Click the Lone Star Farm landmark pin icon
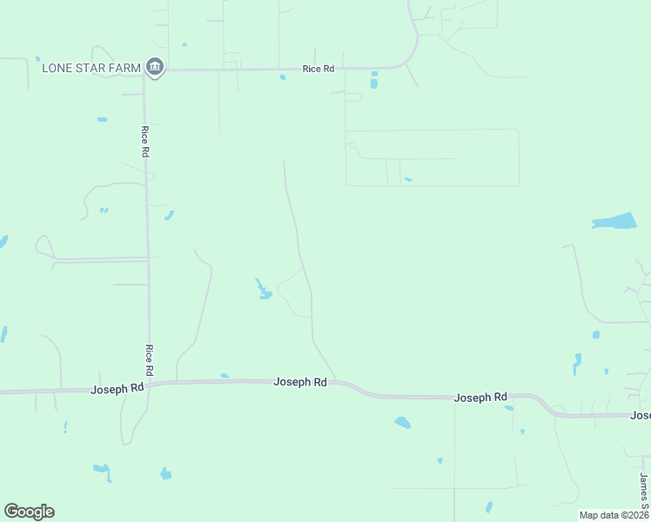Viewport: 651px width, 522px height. pos(155,66)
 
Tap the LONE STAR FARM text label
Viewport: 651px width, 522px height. pos(91,67)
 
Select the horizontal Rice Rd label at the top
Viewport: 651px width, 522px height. pos(318,68)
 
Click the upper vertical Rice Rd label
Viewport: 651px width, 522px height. pos(145,141)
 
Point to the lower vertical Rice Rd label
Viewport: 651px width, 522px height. pos(150,359)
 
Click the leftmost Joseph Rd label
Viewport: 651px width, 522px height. pos(117,389)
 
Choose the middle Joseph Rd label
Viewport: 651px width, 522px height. pos(300,382)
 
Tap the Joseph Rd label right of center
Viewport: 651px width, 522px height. pos(480,397)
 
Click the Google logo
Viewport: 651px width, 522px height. pos(29,511)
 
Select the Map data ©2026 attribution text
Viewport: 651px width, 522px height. pos(614,515)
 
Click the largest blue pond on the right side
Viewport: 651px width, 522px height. pos(616,221)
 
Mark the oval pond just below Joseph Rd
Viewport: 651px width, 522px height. pos(402,423)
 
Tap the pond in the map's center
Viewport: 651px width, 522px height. pos(262,290)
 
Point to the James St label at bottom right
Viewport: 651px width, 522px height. pos(643,492)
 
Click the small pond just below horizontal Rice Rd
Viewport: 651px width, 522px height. pos(282,77)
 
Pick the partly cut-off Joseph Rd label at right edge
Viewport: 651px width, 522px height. pos(641,416)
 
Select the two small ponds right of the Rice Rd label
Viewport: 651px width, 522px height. pos(374,80)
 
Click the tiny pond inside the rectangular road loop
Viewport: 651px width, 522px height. pos(408,180)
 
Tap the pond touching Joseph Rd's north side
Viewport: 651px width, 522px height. pos(225,376)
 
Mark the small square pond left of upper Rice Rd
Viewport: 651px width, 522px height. pos(102,119)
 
